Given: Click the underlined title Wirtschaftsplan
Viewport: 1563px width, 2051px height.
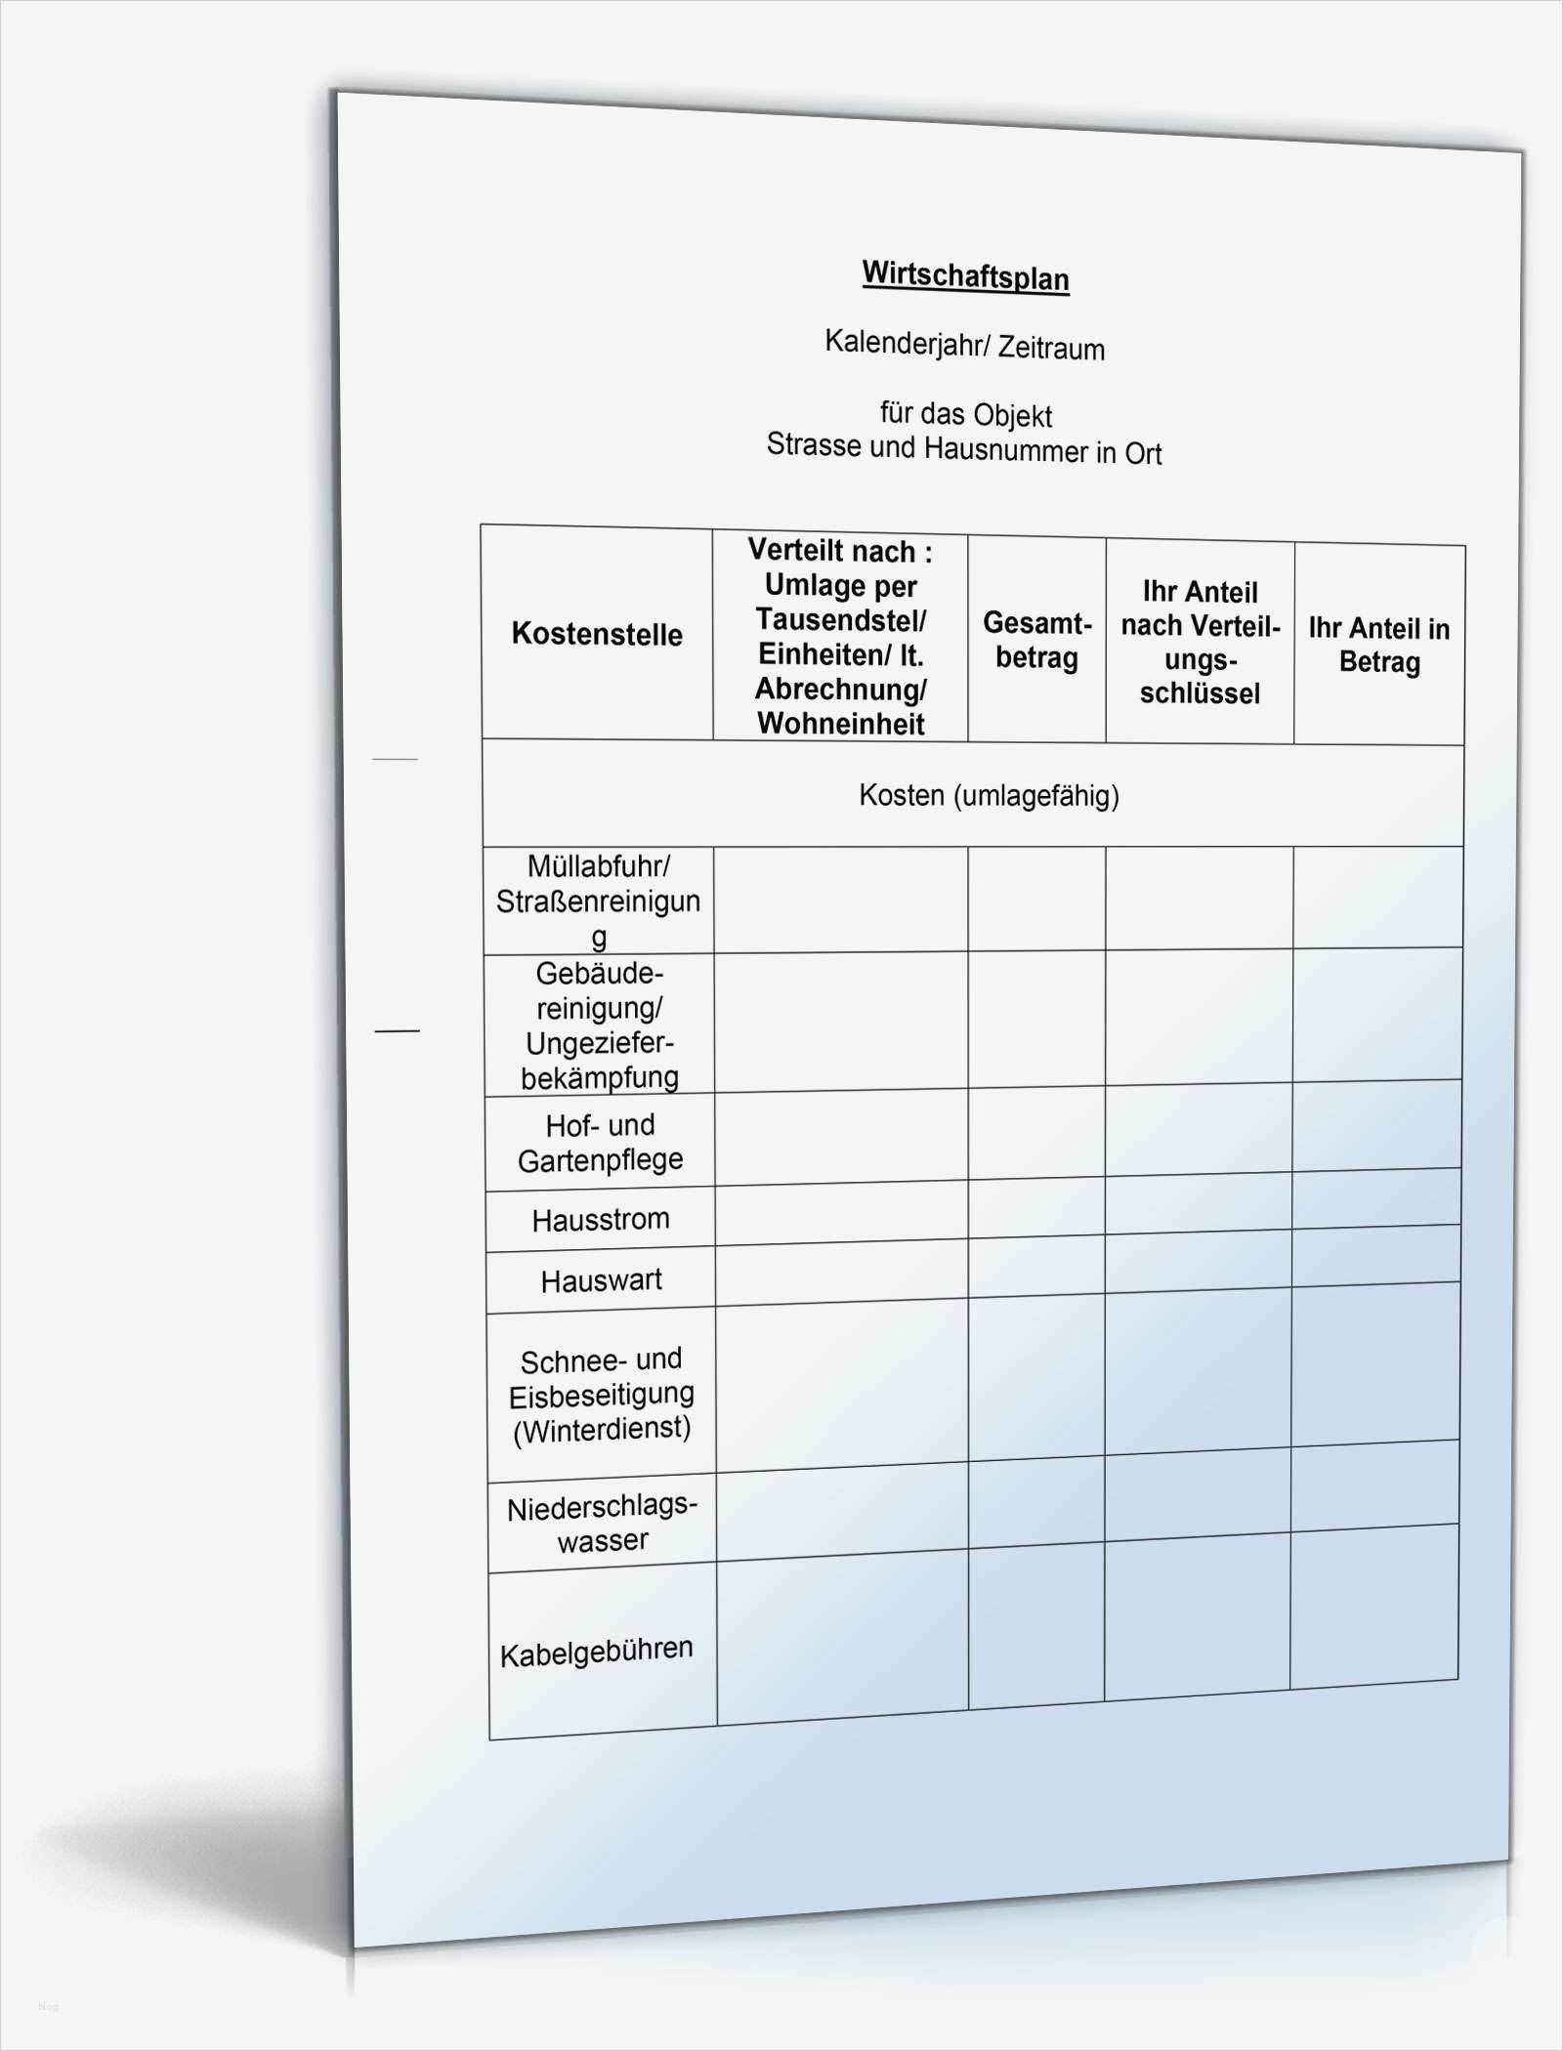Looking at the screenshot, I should pos(965,275).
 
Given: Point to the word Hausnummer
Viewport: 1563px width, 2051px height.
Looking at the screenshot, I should pos(1005,449).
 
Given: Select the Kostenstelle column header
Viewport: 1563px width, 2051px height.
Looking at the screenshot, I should pos(597,634).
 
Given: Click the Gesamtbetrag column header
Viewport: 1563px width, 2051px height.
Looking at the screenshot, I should pos(1036,640).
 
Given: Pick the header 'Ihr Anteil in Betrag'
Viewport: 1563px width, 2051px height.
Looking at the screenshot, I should pos(1378,645).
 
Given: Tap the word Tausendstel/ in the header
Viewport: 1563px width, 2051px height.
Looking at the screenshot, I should pos(840,619).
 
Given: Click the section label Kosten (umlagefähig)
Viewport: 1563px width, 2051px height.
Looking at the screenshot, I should pos(989,795).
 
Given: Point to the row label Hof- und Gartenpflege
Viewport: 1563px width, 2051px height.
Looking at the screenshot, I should pos(600,1143).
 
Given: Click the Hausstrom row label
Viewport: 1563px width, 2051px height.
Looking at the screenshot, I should pos(601,1220).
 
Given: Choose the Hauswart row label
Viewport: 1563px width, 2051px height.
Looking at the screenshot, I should pos(601,1280).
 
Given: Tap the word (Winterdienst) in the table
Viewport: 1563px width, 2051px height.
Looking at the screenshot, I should pos(602,1430).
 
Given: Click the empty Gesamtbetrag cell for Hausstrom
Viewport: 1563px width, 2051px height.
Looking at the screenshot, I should pos(1036,1211).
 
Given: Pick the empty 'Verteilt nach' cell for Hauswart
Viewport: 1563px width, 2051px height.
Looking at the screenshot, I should pos(841,1275).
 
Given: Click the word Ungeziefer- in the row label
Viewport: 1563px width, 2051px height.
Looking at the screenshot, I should pos(600,1043).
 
